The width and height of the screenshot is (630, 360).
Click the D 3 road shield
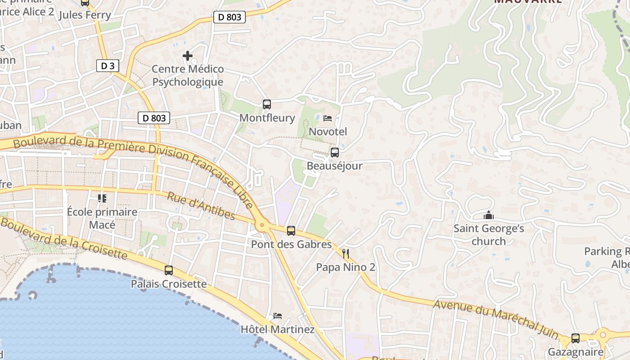click(x=108, y=66)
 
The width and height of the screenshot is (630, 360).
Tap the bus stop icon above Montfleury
click(x=267, y=104)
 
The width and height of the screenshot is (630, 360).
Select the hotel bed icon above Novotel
click(x=328, y=118)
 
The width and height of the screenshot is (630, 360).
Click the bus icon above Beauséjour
click(x=334, y=153)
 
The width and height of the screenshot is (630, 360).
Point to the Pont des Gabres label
click(x=291, y=244)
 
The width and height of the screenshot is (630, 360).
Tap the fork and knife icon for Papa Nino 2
click(x=345, y=254)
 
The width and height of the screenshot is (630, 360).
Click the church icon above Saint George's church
click(x=488, y=216)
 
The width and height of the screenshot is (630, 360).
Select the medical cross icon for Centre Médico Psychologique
click(x=188, y=56)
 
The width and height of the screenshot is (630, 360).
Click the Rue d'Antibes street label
click(x=201, y=207)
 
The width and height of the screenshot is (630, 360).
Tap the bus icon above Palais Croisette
click(x=169, y=270)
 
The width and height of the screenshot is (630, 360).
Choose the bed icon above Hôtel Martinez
click(x=277, y=316)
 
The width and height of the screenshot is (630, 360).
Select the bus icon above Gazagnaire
click(x=575, y=338)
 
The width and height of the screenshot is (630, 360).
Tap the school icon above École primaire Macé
click(x=102, y=198)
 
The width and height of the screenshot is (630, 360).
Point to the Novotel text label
click(x=328, y=131)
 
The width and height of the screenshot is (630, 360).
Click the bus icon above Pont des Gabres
click(x=291, y=231)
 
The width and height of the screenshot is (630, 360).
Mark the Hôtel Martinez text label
click(x=278, y=329)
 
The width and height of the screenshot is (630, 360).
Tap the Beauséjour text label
click(x=334, y=166)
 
